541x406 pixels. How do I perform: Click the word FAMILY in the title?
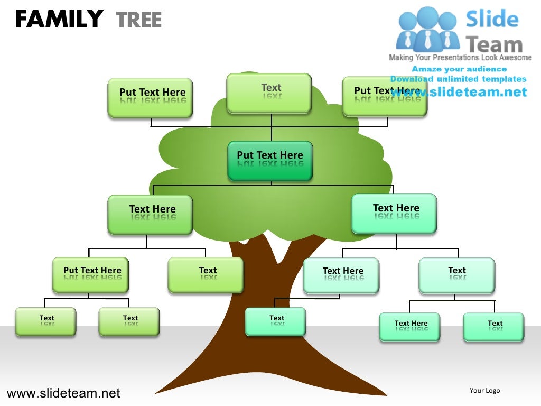click(59, 20)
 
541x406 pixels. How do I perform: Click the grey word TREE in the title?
click(138, 20)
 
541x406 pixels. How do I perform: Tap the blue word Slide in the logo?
click(492, 20)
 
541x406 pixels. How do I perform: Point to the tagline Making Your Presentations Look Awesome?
click(460, 58)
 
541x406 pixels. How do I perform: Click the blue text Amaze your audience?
click(459, 69)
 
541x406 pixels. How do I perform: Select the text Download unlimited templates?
click(458, 79)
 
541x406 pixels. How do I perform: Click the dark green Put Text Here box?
click(270, 160)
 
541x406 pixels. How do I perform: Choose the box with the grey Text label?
click(269, 93)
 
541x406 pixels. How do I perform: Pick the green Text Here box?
click(150, 214)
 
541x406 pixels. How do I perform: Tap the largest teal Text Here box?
click(394, 213)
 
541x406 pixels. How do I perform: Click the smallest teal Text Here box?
click(409, 327)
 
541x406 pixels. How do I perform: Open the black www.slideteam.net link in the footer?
click(63, 393)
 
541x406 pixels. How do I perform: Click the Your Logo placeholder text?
click(484, 391)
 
